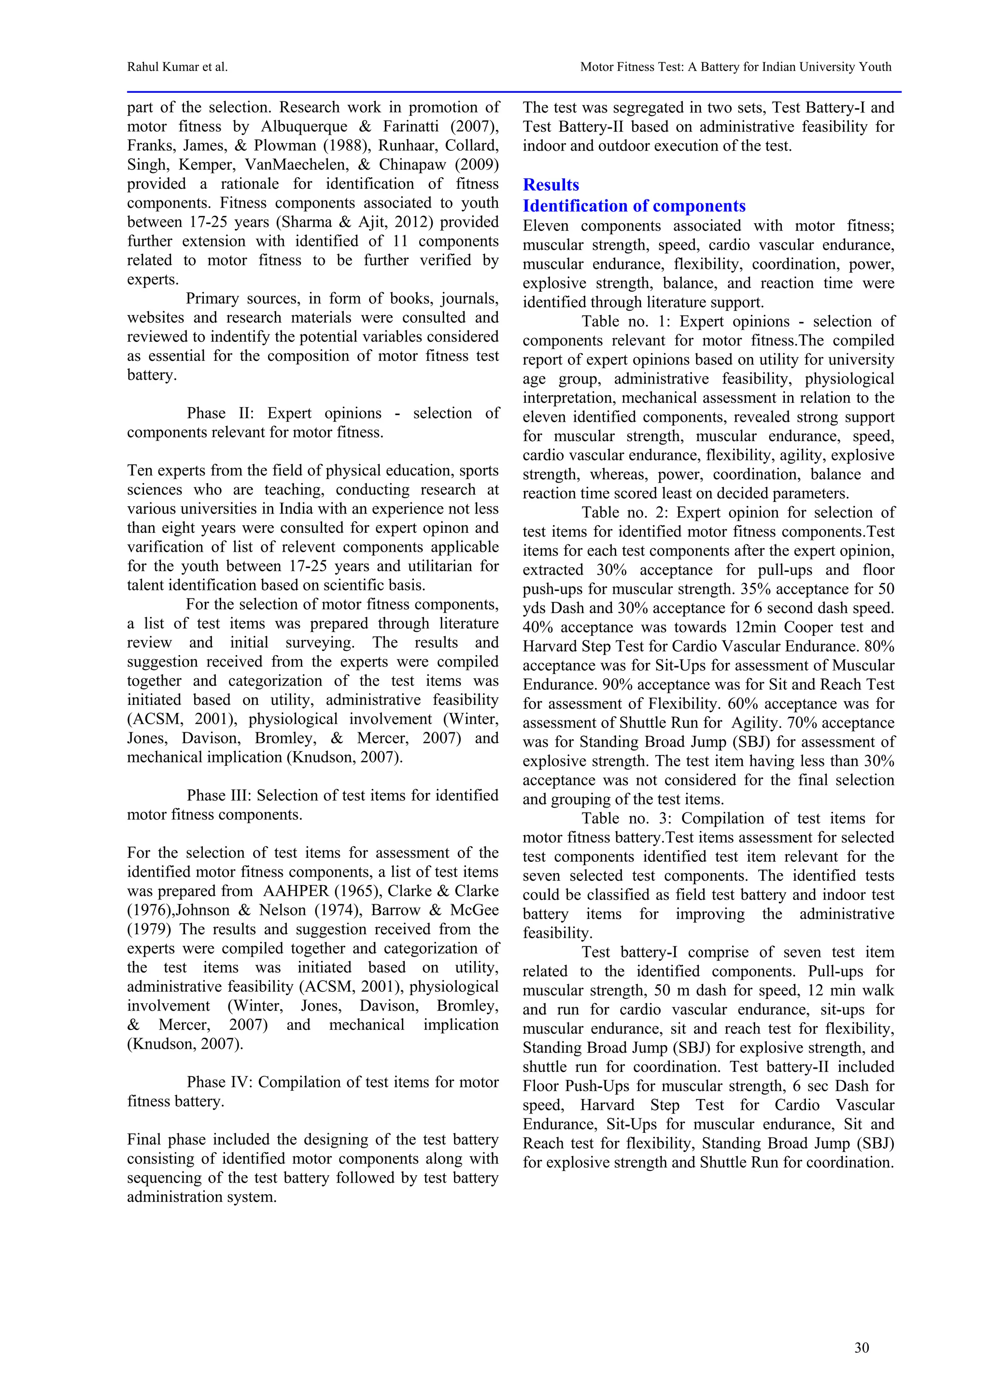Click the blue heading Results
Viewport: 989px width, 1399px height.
click(551, 185)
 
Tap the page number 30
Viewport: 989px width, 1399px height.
click(861, 1348)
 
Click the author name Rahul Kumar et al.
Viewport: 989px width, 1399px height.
click(177, 67)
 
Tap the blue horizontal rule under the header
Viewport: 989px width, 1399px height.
click(513, 92)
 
